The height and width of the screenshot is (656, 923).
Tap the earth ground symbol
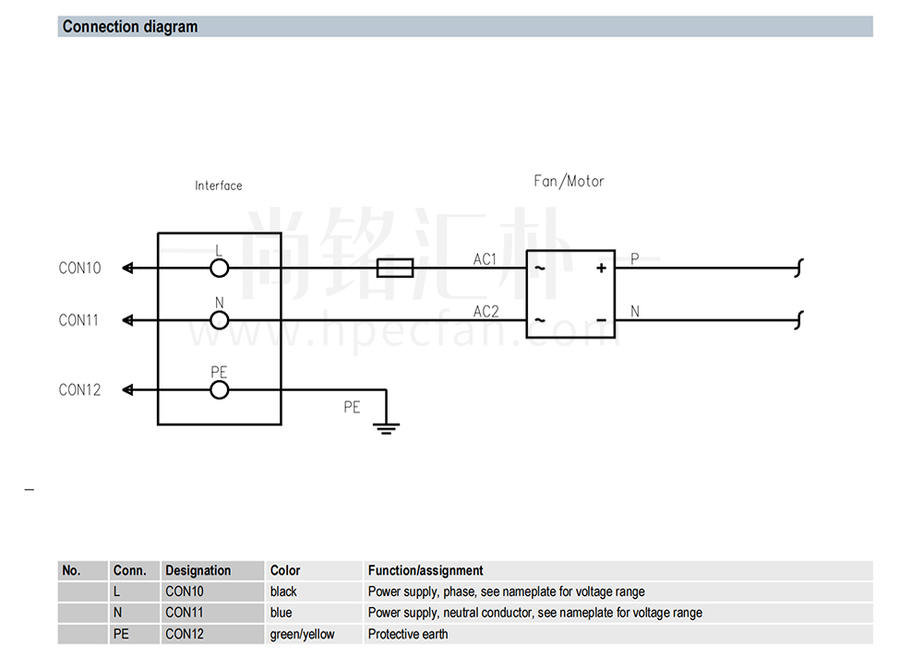point(386,428)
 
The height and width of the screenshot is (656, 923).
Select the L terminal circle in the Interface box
point(219,268)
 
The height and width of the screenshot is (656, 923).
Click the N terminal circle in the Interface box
point(219,321)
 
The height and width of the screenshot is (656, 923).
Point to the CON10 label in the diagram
point(79,268)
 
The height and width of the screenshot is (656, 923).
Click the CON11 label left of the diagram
point(78,321)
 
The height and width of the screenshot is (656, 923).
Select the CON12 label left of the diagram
point(79,390)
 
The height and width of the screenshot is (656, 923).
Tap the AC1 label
point(485,259)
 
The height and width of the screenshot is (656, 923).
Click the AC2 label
point(486,311)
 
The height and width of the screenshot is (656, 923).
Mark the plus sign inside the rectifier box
point(601,268)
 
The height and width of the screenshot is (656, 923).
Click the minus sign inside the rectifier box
point(601,321)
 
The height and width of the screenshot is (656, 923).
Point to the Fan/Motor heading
point(569,181)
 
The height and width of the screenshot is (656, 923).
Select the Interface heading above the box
point(219,186)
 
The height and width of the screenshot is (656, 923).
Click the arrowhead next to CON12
point(127,390)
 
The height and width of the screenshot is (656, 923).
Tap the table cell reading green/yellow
point(302,634)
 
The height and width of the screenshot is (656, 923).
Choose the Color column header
point(285,571)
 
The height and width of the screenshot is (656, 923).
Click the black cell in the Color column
point(283,591)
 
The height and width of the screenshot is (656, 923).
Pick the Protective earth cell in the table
point(408,634)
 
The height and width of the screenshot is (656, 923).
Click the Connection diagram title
point(130,27)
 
